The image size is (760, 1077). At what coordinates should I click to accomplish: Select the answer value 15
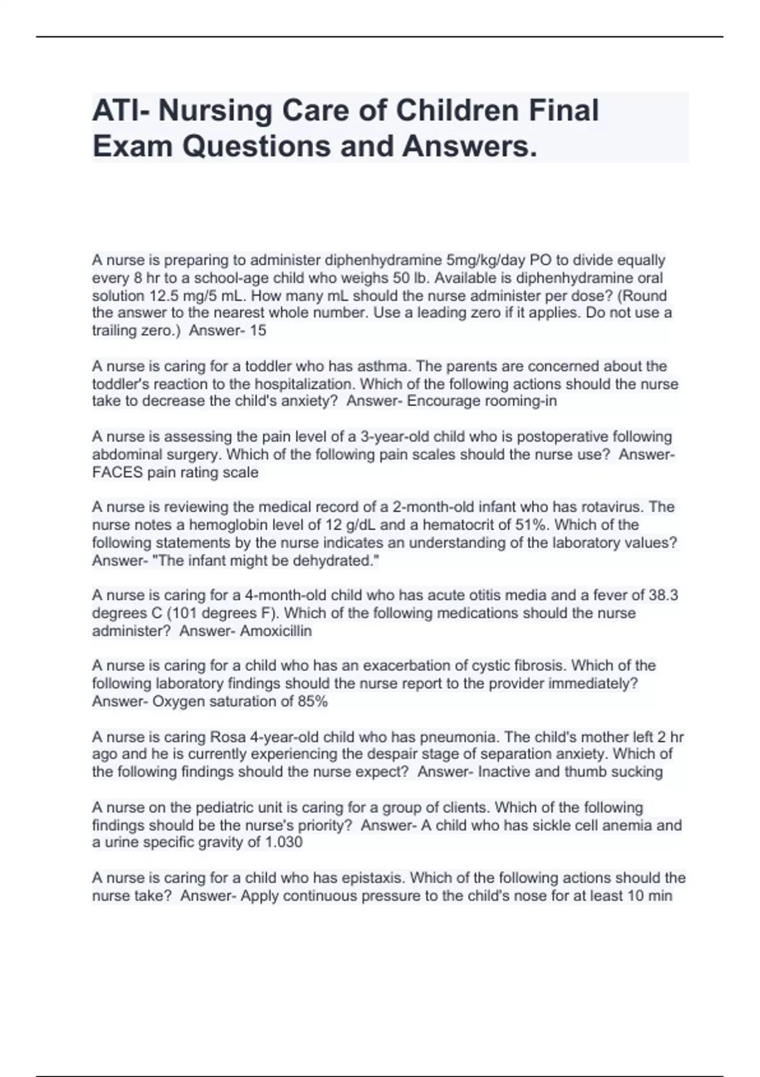click(258, 331)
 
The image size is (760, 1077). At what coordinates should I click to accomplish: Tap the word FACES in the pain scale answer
click(117, 472)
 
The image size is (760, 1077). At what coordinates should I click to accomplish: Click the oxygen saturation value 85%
click(313, 701)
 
